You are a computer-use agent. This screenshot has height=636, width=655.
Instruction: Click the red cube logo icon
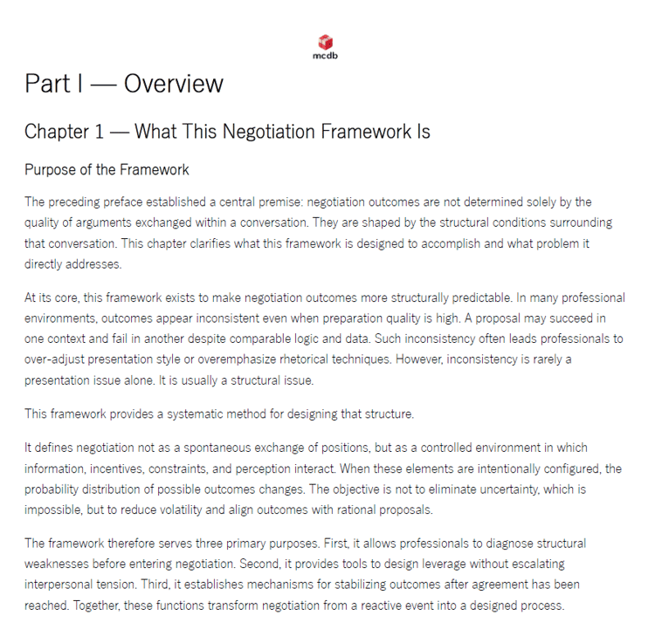click(x=326, y=42)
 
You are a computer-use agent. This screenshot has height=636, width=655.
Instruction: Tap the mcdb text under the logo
click(x=326, y=56)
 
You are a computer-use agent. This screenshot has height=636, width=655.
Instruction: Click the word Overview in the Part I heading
click(x=174, y=84)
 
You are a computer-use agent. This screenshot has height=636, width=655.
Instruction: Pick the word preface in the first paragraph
click(x=125, y=202)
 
